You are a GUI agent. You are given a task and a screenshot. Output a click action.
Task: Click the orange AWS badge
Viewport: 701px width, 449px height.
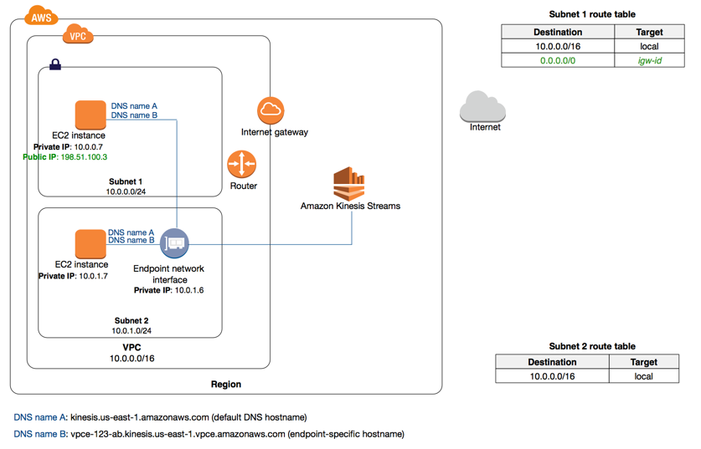pyautogui.click(x=40, y=16)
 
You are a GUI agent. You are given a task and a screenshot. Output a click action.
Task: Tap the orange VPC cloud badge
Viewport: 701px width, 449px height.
pyautogui.click(x=77, y=36)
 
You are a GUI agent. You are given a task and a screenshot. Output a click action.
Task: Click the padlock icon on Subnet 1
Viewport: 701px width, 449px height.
pyautogui.click(x=55, y=64)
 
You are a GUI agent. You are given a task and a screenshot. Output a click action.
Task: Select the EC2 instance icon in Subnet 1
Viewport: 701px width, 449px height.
pyautogui.click(x=90, y=115)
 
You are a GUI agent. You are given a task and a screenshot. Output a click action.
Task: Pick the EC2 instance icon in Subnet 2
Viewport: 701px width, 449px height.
pyautogui.click(x=90, y=244)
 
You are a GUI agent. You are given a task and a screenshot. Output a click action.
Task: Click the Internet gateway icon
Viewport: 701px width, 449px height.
pyautogui.click(x=270, y=110)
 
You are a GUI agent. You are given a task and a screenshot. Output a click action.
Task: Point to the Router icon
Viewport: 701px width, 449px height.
pyautogui.click(x=242, y=164)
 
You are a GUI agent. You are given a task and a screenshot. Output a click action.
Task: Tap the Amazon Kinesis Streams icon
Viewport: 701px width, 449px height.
pyautogui.click(x=349, y=183)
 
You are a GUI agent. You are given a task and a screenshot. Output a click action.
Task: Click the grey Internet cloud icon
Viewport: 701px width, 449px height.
pyautogui.click(x=483, y=107)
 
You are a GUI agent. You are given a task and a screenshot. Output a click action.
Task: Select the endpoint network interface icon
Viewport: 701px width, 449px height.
pyautogui.click(x=174, y=243)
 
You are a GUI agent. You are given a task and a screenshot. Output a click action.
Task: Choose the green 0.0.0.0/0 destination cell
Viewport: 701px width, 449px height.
pyautogui.click(x=558, y=60)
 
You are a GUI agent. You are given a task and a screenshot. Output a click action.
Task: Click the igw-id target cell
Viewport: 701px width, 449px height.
pyautogui.click(x=649, y=60)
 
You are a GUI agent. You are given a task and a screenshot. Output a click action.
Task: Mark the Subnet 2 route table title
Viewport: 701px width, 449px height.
pyautogui.click(x=591, y=346)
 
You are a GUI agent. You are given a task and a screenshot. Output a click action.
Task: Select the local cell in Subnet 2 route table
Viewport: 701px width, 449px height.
pyautogui.click(x=643, y=376)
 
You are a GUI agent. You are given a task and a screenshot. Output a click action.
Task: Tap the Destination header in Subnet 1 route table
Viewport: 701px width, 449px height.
pyautogui.click(x=558, y=32)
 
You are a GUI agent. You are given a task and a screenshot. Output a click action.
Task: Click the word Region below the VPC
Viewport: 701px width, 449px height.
pyautogui.click(x=226, y=385)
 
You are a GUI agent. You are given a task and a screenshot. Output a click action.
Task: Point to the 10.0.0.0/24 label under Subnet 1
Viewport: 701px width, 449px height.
pyautogui.click(x=126, y=191)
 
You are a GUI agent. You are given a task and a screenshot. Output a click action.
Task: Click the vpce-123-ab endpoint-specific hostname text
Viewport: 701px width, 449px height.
pyautogui.click(x=237, y=435)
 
